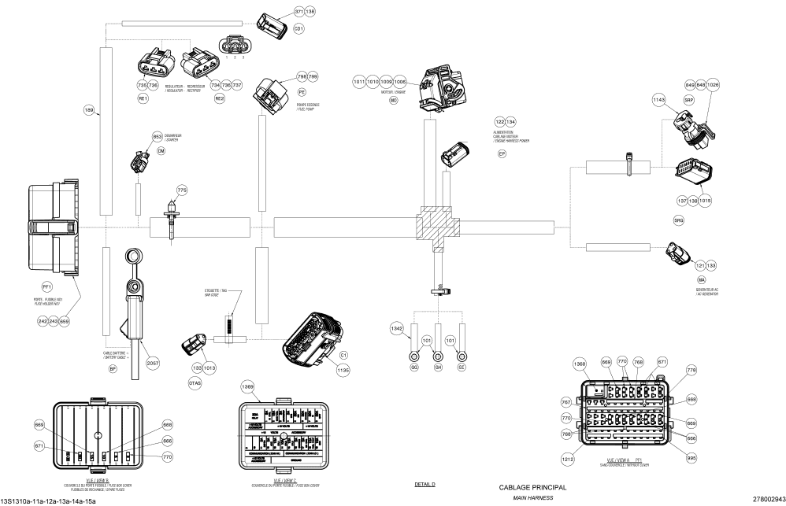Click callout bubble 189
89,111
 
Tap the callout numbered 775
182,190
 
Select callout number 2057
153,363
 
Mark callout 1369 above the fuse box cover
247,387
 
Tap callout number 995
691,456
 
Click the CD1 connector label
298,28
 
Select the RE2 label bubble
220,99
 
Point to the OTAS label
195,382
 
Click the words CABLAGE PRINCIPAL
532,488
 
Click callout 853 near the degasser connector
158,137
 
